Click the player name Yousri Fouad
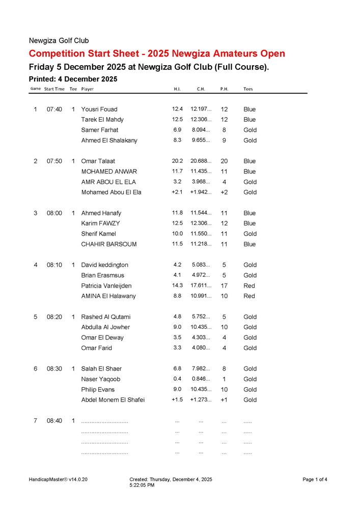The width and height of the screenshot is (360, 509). coord(99,109)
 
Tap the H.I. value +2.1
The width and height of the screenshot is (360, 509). coord(177,192)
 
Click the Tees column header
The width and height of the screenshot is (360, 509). coord(248,89)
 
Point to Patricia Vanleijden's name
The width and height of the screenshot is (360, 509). coord(106,286)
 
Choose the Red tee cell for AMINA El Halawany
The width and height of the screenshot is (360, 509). coord(249,296)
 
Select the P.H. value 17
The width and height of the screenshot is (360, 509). coord(224,286)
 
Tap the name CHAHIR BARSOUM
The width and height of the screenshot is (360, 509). coord(109,244)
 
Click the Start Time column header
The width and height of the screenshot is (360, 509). coord(54,89)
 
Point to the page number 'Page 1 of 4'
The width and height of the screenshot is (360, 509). coord(315,479)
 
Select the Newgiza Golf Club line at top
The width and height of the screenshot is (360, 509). coord(59,41)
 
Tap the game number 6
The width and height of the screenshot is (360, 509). coord(35,369)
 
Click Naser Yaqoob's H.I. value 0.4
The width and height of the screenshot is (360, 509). coord(177,379)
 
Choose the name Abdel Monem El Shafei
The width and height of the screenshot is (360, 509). coord(113,400)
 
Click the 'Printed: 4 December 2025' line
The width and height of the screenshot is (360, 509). coord(73,79)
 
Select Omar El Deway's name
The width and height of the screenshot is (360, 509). coord(102,338)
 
